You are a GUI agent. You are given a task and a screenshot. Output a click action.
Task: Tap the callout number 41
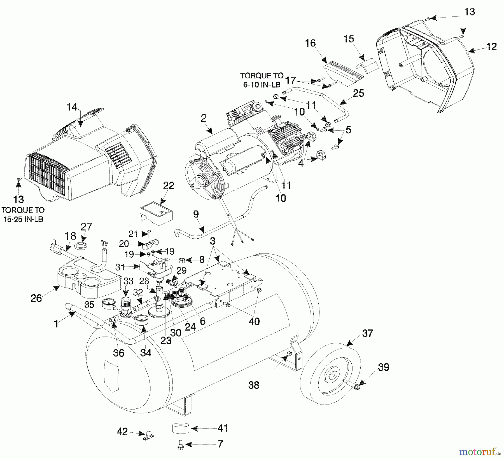pos(223,428)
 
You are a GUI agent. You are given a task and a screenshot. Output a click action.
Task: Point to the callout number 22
pos(169,186)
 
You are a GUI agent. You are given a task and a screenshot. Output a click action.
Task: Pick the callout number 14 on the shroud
pos(72,107)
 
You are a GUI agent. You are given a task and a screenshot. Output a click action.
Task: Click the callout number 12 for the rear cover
pos(492,46)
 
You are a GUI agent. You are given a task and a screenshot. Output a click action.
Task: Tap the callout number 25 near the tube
pos(359,93)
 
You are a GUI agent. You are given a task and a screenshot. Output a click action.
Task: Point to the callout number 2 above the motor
pos(204,118)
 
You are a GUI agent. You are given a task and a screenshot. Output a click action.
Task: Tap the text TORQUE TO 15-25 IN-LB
pos(23,214)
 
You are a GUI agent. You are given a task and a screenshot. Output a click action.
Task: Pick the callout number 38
pos(254,385)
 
